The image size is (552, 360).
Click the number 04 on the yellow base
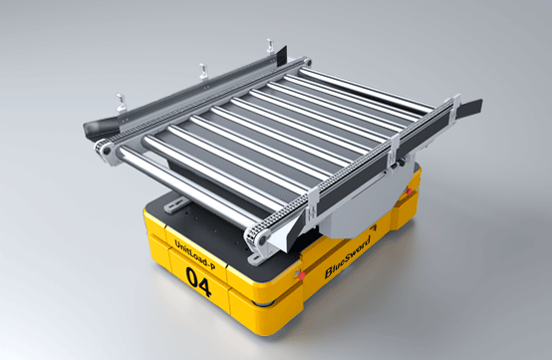pyautogui.click(x=199, y=282)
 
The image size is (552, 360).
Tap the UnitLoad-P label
pyautogui.click(x=194, y=254)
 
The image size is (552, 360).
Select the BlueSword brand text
pyautogui.click(x=348, y=257)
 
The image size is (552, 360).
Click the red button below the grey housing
pyautogui.click(x=301, y=276)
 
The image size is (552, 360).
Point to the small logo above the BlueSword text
pyautogui.click(x=374, y=227)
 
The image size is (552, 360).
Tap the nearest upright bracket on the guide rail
pyautogui.click(x=121, y=103)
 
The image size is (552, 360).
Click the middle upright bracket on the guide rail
pyautogui.click(x=203, y=72)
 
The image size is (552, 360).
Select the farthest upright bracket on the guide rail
pyautogui.click(x=270, y=46)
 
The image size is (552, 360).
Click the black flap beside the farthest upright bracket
pyautogui.click(x=282, y=54)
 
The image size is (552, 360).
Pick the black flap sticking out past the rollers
pyautogui.click(x=469, y=108)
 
